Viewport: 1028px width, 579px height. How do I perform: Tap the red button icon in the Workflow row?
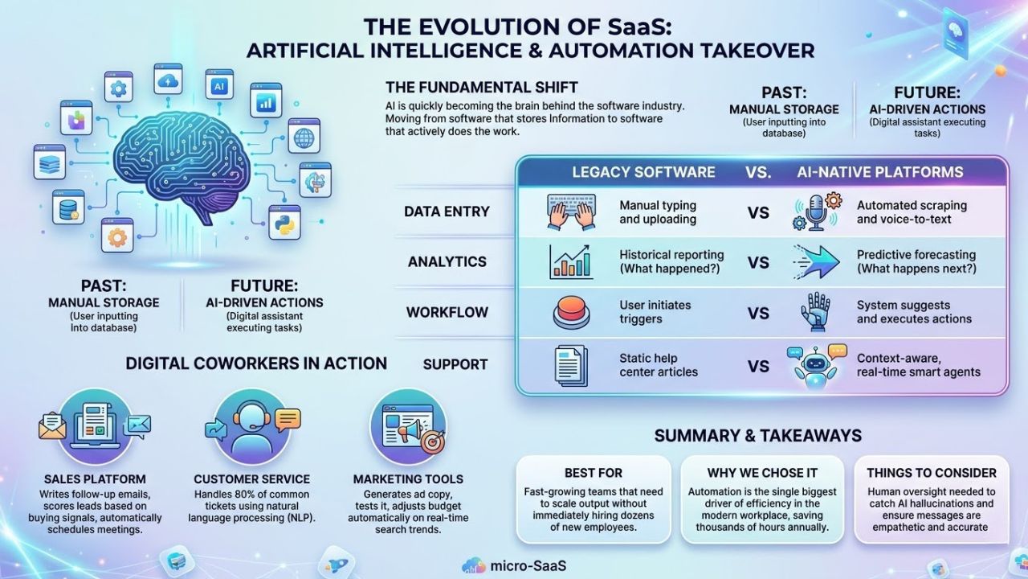571,313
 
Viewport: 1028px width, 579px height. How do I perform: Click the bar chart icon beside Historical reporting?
571,262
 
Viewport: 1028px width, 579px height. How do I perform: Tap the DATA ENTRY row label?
447,212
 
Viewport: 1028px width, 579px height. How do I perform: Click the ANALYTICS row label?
447,262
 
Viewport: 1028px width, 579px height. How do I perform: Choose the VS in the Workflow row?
758,313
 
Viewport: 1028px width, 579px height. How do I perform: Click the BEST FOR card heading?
593,473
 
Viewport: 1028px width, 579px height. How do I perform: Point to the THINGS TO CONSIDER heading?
931,473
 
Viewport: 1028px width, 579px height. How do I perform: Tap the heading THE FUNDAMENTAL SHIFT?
482,87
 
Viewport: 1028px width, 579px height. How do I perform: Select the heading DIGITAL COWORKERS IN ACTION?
256,363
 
